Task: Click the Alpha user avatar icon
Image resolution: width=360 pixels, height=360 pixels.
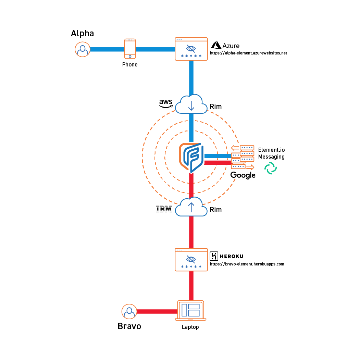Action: (x=82, y=49)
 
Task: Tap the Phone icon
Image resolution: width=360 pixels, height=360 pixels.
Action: (x=130, y=48)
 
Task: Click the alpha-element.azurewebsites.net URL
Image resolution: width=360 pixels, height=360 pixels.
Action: (x=248, y=53)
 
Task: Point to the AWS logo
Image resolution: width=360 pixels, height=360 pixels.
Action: (x=166, y=103)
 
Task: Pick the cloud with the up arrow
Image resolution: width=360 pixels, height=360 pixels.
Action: (x=191, y=207)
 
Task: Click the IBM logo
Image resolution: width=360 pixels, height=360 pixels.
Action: (x=164, y=209)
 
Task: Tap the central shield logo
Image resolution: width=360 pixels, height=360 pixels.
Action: (x=191, y=157)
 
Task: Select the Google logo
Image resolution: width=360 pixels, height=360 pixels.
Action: (x=243, y=175)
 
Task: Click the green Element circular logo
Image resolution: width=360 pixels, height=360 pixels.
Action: (x=271, y=168)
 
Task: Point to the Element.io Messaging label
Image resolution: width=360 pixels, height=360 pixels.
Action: (x=271, y=153)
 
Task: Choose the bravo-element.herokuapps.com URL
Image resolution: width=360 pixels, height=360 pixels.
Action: (x=247, y=264)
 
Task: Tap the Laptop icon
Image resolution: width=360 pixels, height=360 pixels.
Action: (x=191, y=310)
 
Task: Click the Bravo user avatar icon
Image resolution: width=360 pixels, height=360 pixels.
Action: (x=129, y=312)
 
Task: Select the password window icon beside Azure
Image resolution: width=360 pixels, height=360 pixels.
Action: (x=191, y=49)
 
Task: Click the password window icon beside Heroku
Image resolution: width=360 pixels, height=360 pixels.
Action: (x=191, y=260)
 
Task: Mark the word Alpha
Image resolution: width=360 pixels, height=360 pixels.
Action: (x=82, y=33)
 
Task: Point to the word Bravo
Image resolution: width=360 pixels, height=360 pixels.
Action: (x=129, y=326)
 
